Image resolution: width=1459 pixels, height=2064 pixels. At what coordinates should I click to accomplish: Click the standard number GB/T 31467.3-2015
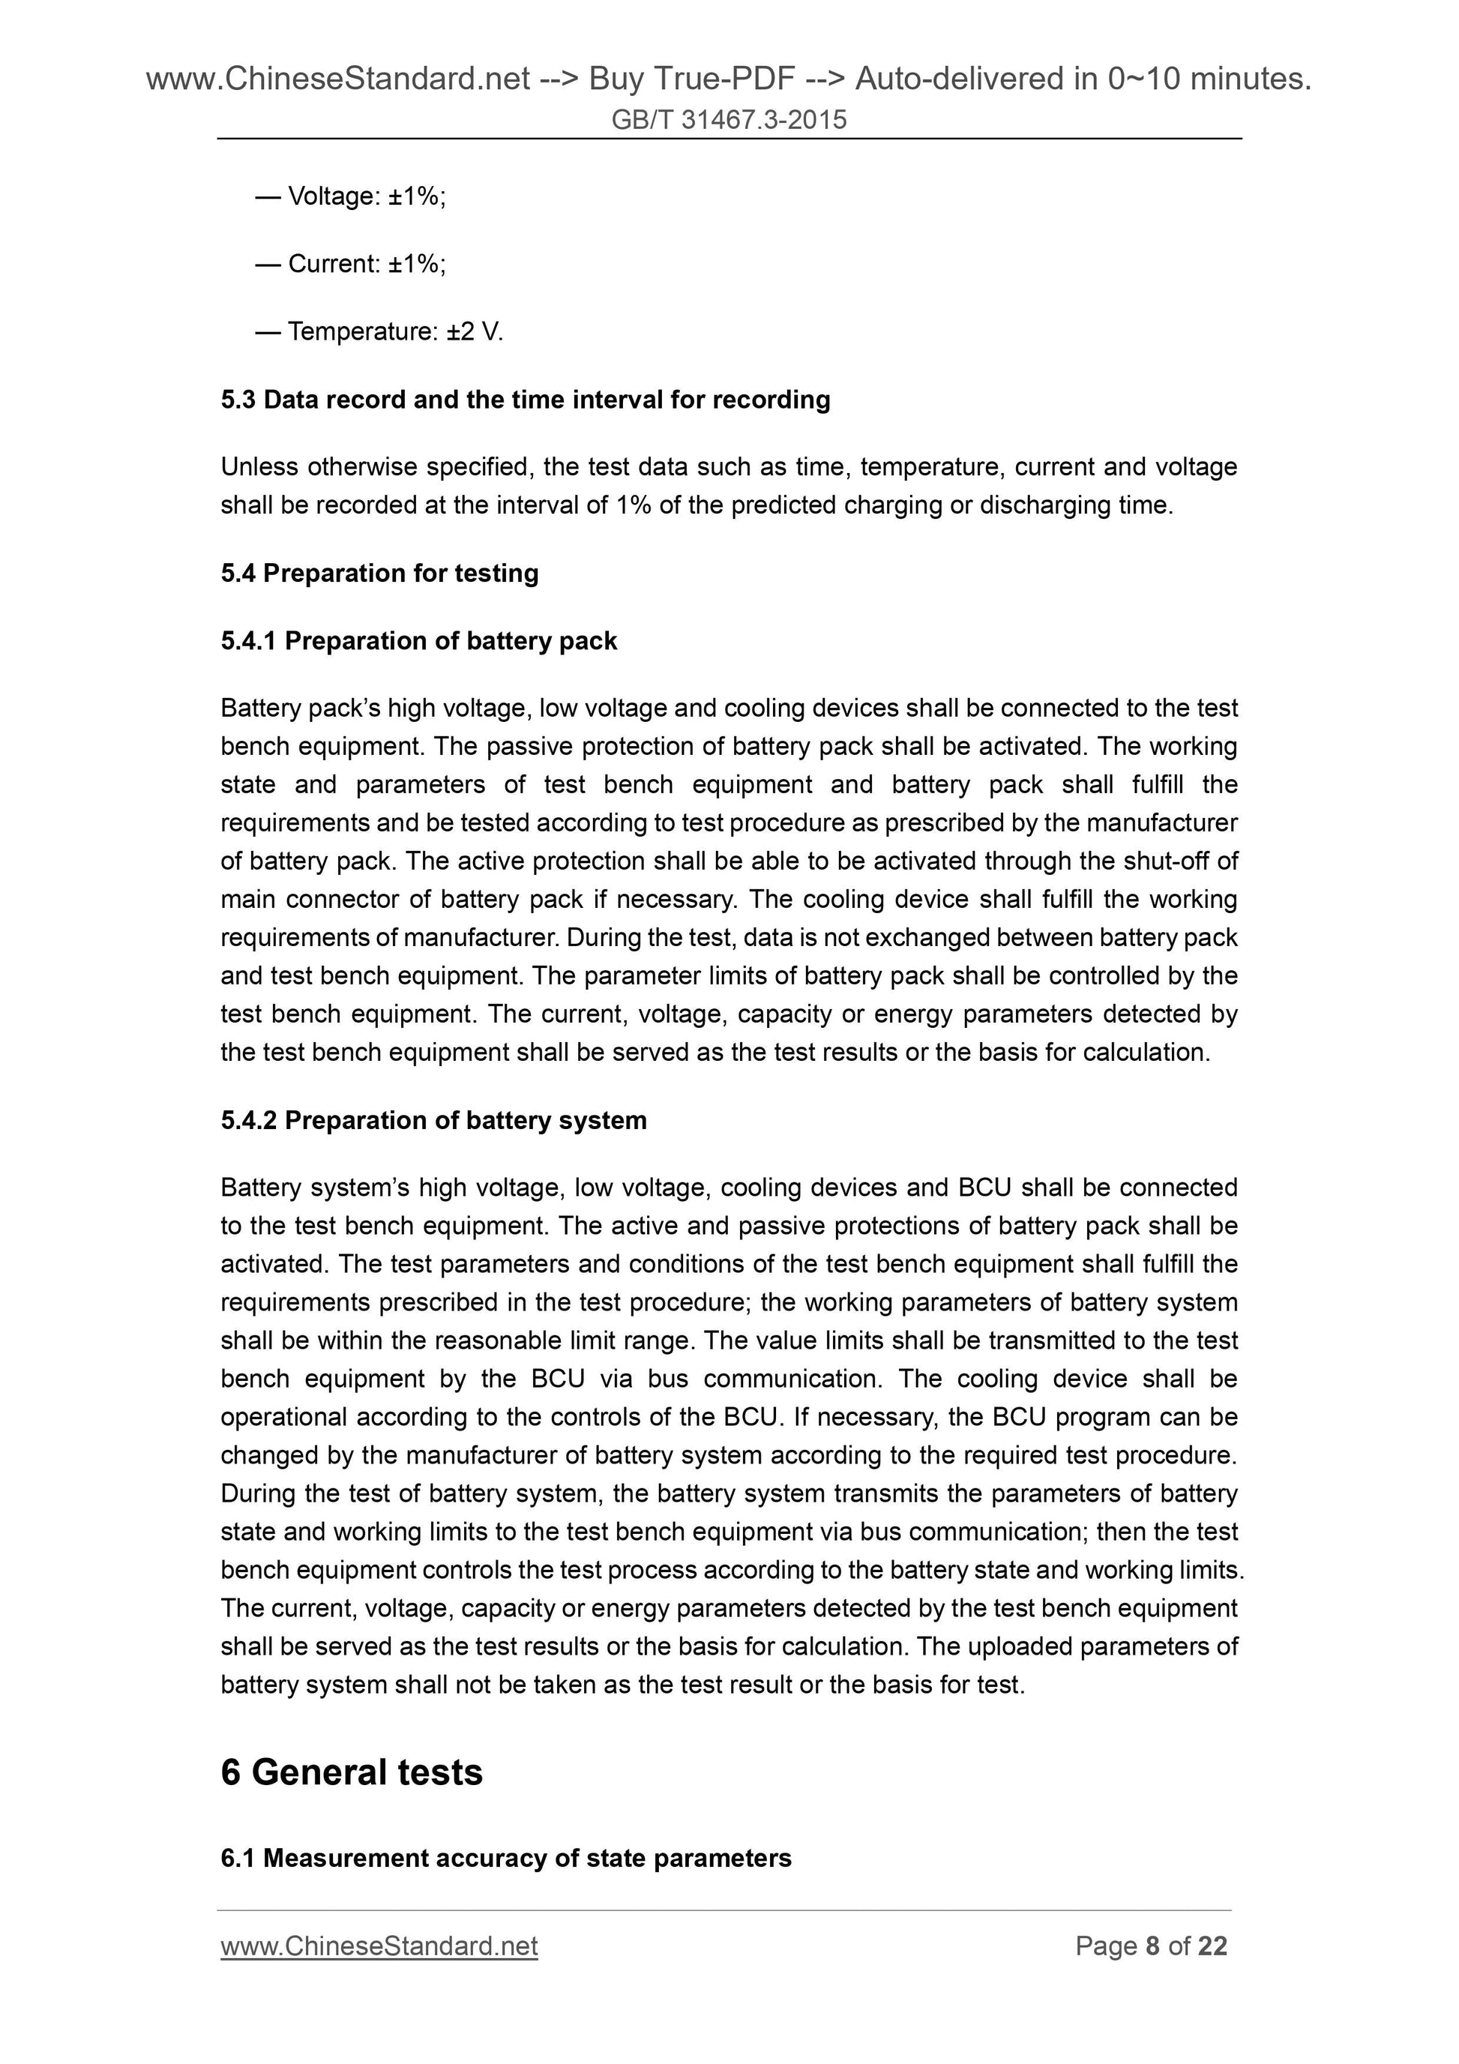coord(728,119)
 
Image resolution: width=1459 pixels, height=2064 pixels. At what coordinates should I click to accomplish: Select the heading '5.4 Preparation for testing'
coord(379,573)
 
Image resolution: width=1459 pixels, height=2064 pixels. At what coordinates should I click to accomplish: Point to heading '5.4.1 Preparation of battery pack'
coord(419,641)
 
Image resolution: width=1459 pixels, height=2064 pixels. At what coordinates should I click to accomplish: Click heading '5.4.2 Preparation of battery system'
coord(433,1120)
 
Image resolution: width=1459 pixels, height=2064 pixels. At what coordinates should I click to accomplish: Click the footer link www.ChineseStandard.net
coord(379,1946)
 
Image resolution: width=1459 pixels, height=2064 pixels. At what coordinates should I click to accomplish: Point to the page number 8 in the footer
coord(1152,1946)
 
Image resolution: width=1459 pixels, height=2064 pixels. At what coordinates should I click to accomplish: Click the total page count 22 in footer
coord(1212,1946)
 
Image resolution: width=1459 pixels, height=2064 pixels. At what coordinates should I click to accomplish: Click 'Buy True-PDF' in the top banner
coord(691,79)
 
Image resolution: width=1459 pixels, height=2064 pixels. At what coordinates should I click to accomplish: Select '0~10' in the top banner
coord(1144,79)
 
